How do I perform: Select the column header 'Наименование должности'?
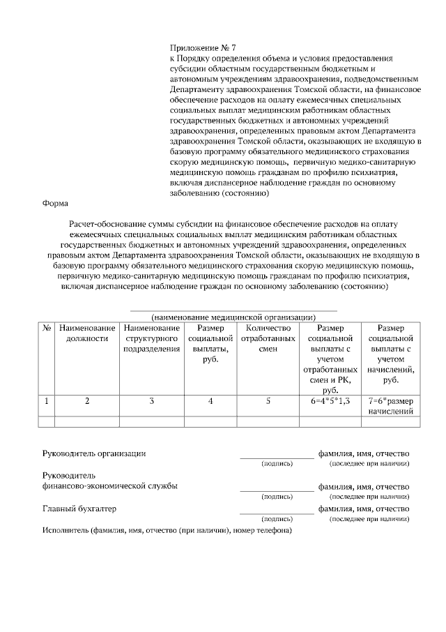[87, 333]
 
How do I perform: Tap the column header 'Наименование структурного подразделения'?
[151, 338]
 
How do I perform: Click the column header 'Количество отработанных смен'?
[268, 333]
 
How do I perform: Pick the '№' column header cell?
[47, 328]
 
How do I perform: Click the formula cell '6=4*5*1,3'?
[330, 401]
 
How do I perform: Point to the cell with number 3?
[151, 401]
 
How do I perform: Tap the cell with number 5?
[268, 401]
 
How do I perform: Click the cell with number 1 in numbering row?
[47, 401]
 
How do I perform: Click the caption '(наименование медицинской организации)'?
[233, 316]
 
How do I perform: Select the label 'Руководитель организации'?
[94, 453]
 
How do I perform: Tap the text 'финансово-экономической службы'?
[109, 486]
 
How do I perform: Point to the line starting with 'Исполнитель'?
[167, 530]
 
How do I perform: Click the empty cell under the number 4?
[210, 421]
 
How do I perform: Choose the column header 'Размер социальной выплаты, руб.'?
[210, 343]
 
